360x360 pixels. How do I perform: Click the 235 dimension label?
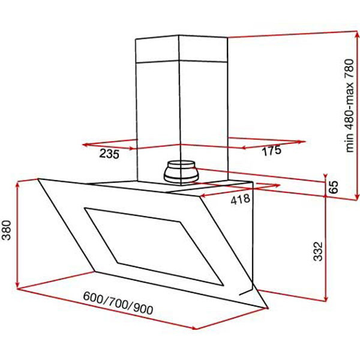click(109, 154)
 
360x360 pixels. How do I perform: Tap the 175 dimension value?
click(271, 151)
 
